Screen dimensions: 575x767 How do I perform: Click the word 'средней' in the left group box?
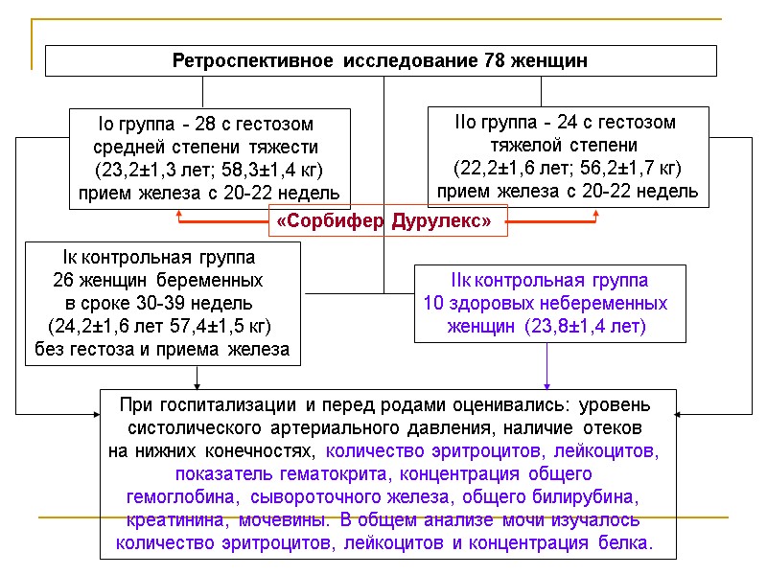point(125,148)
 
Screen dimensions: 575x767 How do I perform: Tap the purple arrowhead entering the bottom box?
point(547,384)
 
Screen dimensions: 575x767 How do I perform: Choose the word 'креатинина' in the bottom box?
point(169,520)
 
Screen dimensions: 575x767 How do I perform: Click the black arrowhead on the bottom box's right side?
point(680,414)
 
